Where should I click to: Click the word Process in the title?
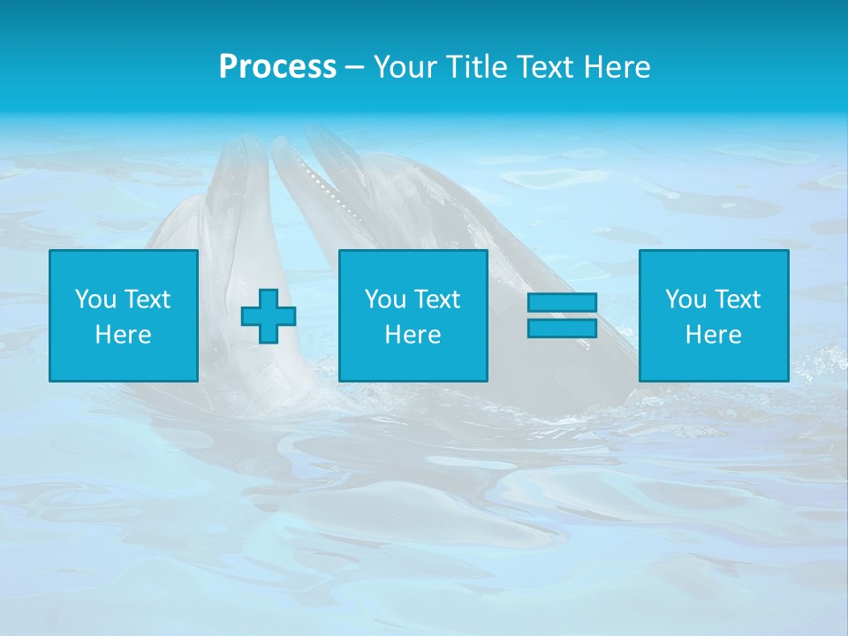277,67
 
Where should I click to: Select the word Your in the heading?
407,67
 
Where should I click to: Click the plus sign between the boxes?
269,315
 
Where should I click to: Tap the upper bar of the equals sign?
562,302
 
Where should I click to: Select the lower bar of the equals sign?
562,328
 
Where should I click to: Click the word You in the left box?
96,299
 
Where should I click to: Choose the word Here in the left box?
123,335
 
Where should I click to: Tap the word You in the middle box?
386,299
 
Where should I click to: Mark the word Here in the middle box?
413,335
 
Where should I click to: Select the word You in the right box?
686,299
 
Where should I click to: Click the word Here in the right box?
713,335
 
